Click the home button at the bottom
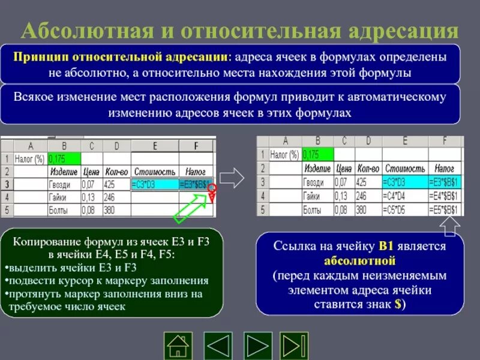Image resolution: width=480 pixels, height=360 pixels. coord(178,345)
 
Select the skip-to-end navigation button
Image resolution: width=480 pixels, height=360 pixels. coord(295,345)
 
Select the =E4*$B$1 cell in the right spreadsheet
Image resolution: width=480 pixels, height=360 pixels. coord(445,196)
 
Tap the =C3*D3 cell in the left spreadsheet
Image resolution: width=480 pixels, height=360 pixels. coord(152,185)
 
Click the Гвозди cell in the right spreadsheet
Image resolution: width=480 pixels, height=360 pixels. coord(315,182)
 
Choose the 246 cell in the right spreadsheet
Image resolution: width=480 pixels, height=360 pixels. coord(365,196)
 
